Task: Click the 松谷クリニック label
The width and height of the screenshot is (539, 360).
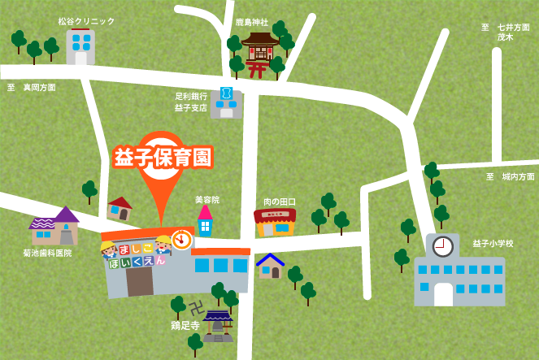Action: tap(86, 21)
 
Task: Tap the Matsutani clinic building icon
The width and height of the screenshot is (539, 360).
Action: tap(80, 46)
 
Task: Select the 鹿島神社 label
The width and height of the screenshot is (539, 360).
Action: tap(252, 22)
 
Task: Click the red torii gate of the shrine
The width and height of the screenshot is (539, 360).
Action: tap(257, 69)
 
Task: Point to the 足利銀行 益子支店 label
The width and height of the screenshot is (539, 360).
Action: tap(191, 102)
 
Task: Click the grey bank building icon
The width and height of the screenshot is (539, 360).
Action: tap(226, 102)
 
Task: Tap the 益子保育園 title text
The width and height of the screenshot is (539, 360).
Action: tap(163, 157)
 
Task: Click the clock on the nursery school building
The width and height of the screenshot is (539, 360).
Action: tap(181, 239)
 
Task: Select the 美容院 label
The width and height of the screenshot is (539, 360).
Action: tap(207, 199)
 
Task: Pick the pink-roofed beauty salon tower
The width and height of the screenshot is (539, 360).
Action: tap(205, 221)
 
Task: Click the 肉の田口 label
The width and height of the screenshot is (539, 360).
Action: tap(280, 202)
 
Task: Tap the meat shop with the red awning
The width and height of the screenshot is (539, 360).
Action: tap(275, 222)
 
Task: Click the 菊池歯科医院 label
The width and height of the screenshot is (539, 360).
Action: tap(47, 253)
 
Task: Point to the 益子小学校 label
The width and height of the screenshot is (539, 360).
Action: tap(493, 243)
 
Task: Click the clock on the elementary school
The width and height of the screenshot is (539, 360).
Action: tap(443, 246)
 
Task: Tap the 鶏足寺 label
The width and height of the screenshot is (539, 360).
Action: tap(185, 325)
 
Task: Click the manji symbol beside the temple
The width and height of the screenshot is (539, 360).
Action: tap(196, 308)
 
